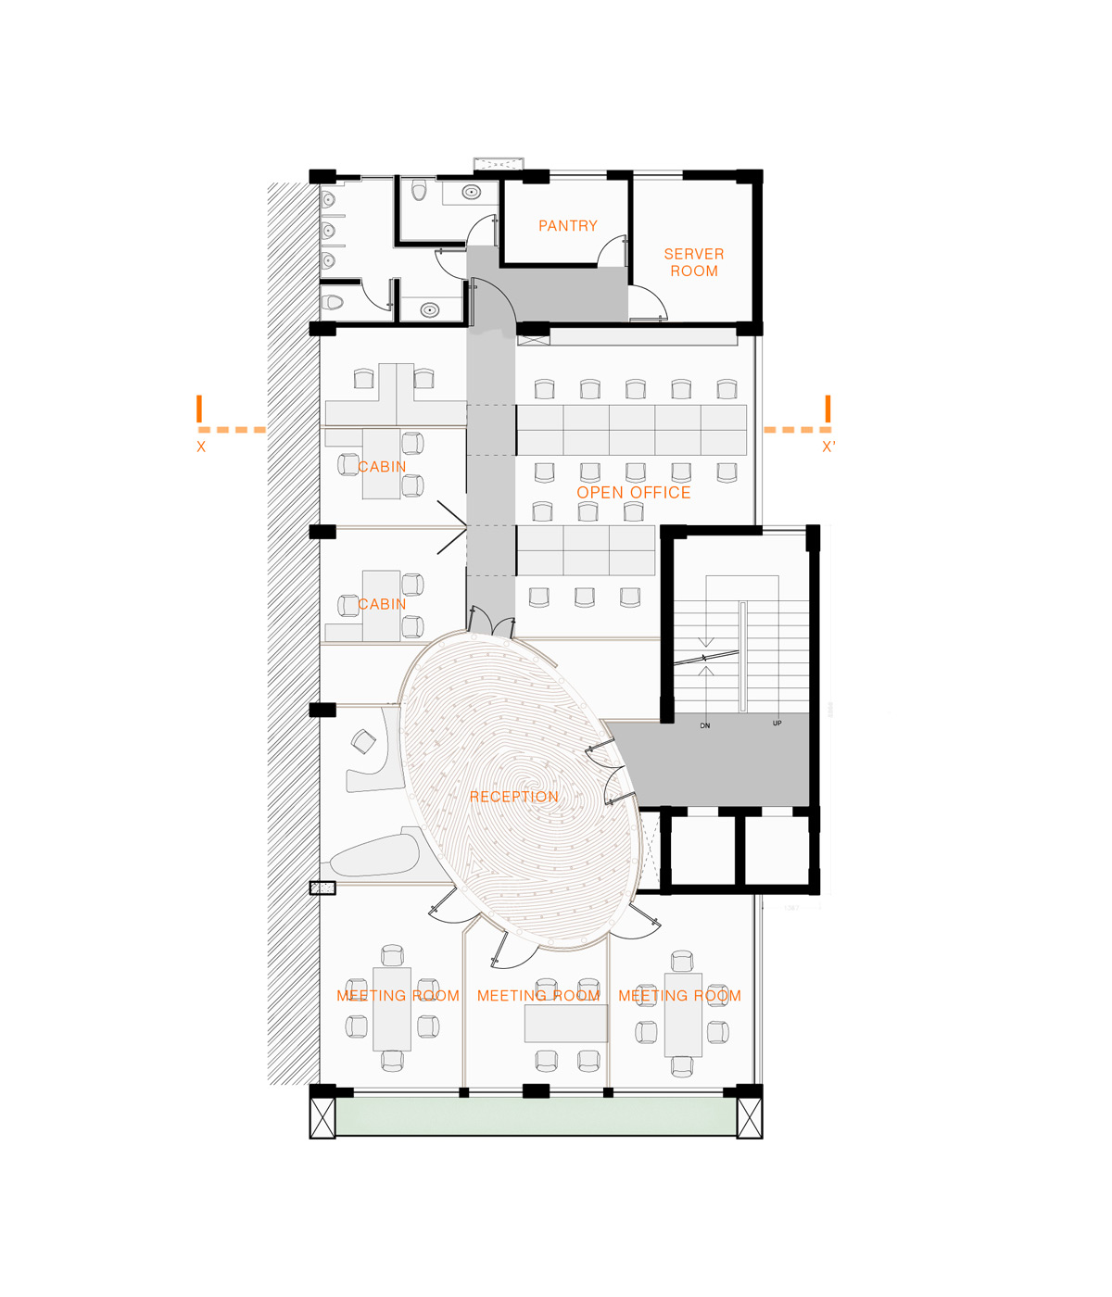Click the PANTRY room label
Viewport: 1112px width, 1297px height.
click(567, 225)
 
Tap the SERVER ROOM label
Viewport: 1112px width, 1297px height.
click(693, 262)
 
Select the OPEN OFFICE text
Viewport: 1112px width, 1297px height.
click(633, 493)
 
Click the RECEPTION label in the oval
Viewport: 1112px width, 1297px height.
click(513, 797)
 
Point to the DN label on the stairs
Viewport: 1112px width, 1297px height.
click(704, 726)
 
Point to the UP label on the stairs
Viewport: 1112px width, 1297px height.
click(777, 724)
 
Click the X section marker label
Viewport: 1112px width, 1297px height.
click(201, 447)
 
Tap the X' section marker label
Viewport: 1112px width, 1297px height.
click(828, 447)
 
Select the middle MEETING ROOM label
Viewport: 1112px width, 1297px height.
click(538, 995)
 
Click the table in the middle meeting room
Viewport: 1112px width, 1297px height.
click(566, 1024)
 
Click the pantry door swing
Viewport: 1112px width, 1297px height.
click(612, 250)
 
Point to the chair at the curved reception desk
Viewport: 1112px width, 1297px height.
click(363, 741)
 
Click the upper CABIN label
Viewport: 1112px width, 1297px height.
click(382, 466)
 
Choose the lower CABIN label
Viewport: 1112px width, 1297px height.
click(382, 604)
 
